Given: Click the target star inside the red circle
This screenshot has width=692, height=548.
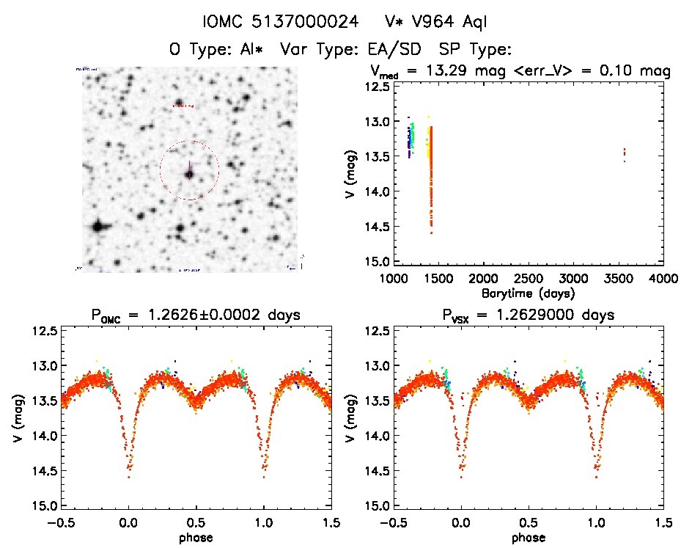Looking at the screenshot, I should (x=189, y=175).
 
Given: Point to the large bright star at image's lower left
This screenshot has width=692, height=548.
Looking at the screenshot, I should (x=97, y=226).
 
